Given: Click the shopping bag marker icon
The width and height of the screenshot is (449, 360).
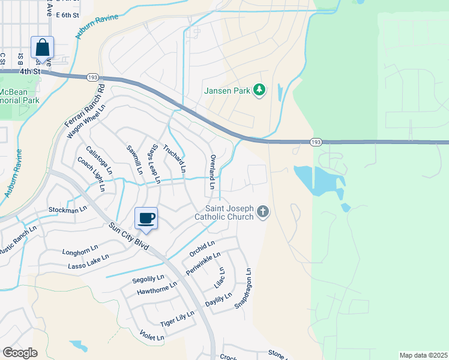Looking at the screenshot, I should pos(42,47).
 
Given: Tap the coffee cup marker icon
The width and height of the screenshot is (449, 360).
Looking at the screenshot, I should pos(145,218).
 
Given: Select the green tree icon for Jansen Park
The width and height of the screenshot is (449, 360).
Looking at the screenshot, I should pos(260,90).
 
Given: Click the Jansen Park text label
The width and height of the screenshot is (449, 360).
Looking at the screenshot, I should pos(227,91).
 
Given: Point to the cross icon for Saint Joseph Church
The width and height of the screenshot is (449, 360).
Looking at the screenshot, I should pos(262,211).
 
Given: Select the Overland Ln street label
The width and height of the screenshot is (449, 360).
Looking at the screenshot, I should pos(212,172).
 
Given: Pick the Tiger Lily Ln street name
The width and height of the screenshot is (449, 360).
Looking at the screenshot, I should pos(177,319).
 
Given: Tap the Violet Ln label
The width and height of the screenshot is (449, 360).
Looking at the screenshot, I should pos(151,335).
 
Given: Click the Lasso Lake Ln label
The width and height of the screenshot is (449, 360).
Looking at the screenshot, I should pos(88,260).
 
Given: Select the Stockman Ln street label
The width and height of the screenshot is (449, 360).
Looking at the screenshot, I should pos(64,211).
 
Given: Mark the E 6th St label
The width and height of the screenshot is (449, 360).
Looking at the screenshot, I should pos(67,16).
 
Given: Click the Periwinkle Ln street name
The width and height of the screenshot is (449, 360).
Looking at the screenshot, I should pos(199,263).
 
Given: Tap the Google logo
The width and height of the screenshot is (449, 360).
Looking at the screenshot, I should pos(20,353).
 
